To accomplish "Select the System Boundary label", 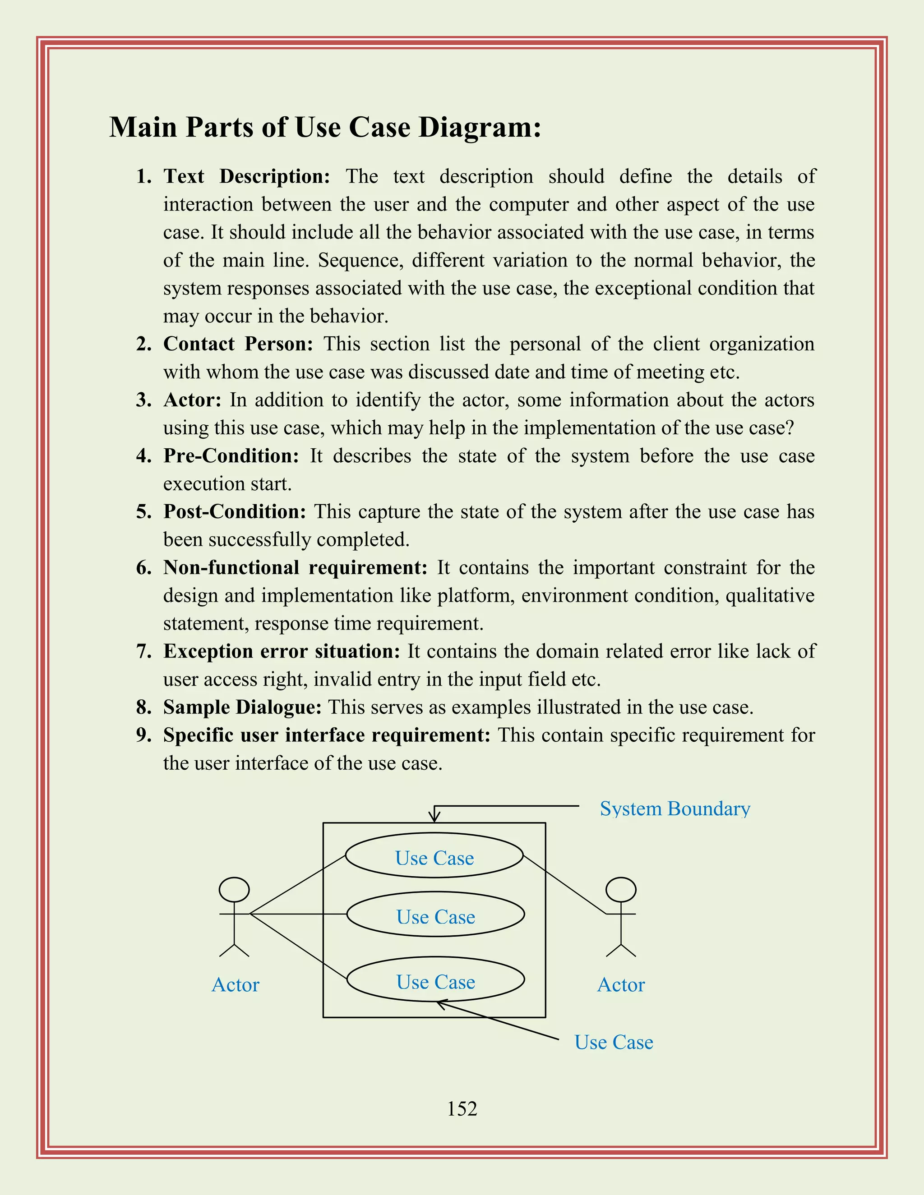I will click(675, 809).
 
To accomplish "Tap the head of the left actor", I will click(234, 890).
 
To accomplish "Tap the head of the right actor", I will click(621, 890).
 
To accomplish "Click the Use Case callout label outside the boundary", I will click(613, 1042).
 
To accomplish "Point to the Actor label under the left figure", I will click(236, 985).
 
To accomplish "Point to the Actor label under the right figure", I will click(621, 985).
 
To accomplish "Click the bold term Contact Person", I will click(238, 344).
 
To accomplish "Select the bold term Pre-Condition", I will click(231, 456).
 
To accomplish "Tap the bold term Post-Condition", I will click(235, 512).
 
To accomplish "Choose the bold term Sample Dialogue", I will click(242, 707).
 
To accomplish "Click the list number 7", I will click(143, 651).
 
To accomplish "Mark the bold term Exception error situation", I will click(282, 651).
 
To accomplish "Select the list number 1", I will click(143, 177).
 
